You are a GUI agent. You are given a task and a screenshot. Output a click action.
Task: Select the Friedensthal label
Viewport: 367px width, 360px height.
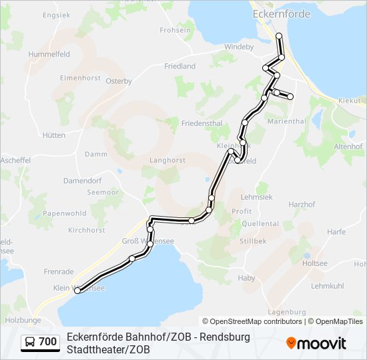[202, 123]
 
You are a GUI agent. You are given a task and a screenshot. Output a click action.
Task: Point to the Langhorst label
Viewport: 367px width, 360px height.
[167, 160]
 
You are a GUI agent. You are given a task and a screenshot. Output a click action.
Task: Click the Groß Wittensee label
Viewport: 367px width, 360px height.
[149, 241]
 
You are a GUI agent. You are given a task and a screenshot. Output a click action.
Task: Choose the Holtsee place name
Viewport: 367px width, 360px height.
[315, 263]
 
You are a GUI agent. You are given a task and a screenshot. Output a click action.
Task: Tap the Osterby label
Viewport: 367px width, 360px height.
[119, 81]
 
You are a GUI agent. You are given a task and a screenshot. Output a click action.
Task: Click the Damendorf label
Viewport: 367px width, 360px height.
[82, 181]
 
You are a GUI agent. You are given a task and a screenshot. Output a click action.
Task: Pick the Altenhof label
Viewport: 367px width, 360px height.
[348, 145]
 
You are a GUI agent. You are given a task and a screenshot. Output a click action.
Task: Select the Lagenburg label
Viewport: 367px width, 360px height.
[286, 311]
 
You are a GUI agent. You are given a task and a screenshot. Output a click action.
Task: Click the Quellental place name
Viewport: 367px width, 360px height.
[260, 223]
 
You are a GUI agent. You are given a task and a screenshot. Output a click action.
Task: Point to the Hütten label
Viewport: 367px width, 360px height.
[54, 135]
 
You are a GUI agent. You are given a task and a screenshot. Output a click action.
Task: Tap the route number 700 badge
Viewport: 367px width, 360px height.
[48, 342]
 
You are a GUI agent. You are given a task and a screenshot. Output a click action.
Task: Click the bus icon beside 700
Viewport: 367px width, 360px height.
[30, 342]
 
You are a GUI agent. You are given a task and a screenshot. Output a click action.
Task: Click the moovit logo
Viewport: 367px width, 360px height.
[316, 343]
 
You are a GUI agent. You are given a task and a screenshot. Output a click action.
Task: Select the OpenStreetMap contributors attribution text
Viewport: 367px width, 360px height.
[252, 321]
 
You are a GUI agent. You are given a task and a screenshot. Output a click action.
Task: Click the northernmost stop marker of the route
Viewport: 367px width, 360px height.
[279, 35]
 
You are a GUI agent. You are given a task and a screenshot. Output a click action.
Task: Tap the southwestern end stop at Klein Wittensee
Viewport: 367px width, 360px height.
[77, 290]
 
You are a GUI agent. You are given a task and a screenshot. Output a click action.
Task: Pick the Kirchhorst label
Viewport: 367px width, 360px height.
[87, 230]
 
